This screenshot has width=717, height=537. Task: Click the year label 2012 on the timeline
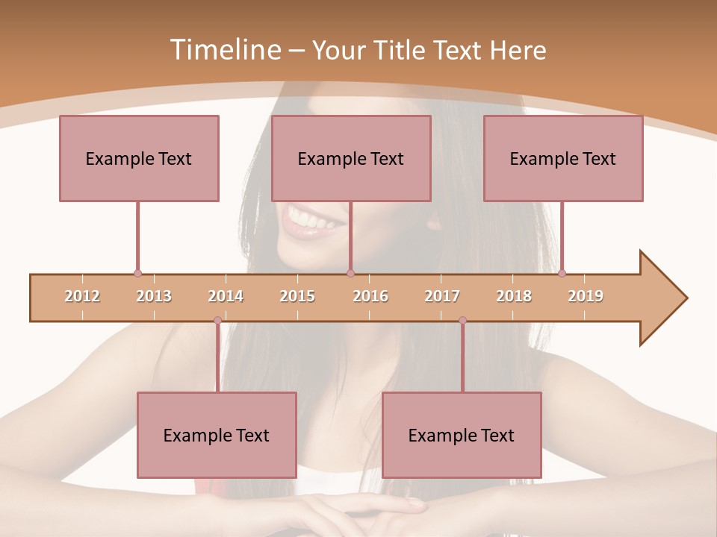(x=82, y=296)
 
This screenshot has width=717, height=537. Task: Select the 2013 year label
(x=154, y=296)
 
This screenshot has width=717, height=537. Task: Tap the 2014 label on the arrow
(x=226, y=296)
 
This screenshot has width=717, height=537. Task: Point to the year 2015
(x=297, y=296)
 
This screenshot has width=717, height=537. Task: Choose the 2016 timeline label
(x=370, y=296)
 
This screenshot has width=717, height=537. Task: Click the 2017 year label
(x=442, y=296)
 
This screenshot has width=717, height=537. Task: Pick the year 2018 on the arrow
(x=514, y=296)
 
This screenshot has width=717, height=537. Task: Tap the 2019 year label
(x=586, y=296)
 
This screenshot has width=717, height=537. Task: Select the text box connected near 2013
(x=139, y=158)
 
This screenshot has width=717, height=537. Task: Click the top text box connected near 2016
(x=351, y=158)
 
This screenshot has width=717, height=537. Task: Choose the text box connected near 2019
(x=563, y=158)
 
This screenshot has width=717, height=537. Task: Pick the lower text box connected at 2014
(x=217, y=435)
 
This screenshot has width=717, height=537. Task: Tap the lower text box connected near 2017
(x=462, y=435)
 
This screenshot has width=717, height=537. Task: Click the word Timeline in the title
(x=223, y=50)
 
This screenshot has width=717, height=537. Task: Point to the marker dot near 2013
(x=137, y=273)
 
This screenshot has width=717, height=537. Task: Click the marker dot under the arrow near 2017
(x=462, y=321)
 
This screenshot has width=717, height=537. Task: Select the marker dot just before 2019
(x=562, y=273)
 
